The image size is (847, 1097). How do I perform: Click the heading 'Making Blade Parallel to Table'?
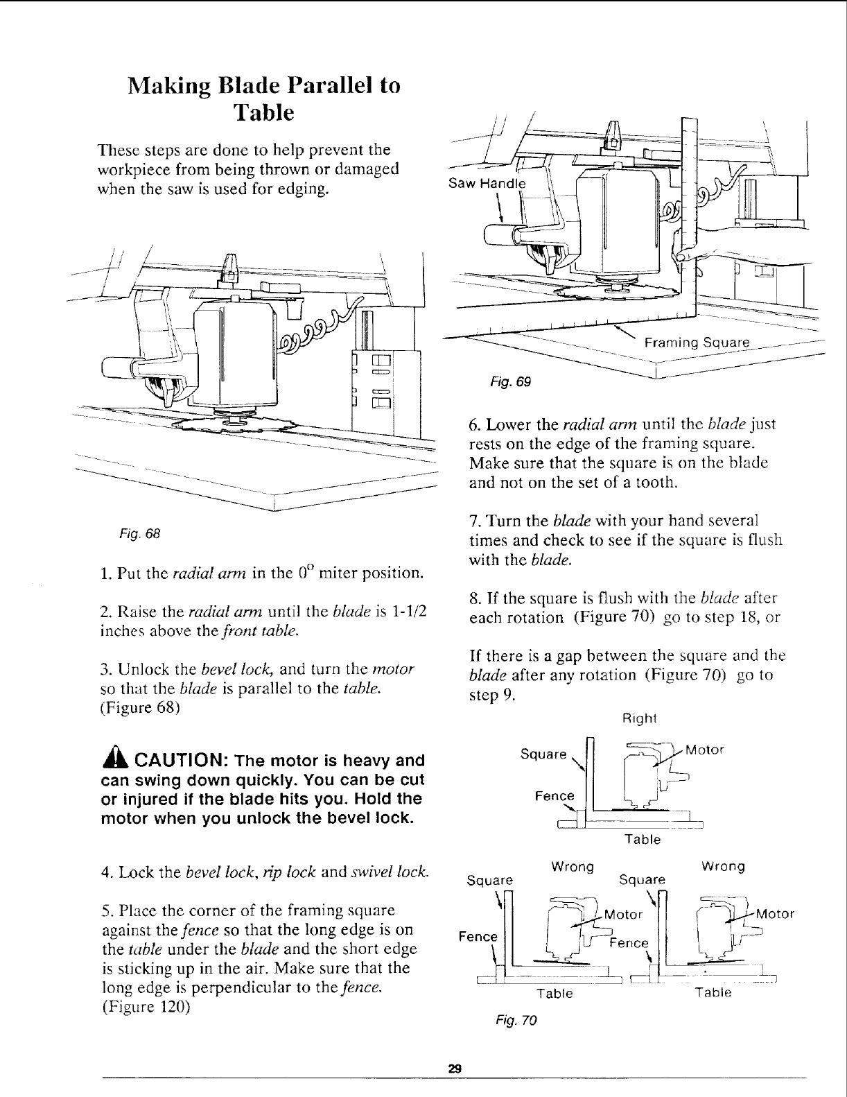(x=264, y=98)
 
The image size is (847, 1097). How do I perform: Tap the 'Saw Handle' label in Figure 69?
(x=487, y=184)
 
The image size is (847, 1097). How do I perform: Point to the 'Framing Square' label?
(x=697, y=343)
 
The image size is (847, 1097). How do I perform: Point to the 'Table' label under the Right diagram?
(x=643, y=840)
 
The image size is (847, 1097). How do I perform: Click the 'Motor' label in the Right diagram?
(x=705, y=750)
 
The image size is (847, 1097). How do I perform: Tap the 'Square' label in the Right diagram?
(x=543, y=754)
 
